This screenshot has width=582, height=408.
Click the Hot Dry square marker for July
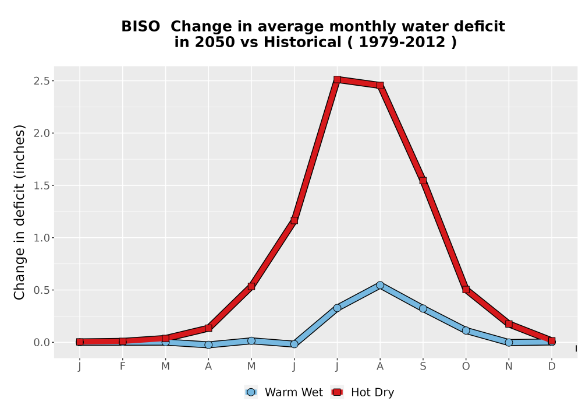pos(337,79)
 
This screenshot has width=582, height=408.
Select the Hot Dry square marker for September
pos(423,181)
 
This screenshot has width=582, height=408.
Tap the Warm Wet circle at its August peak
pos(379,285)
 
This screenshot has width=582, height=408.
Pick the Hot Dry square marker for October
pos(466,290)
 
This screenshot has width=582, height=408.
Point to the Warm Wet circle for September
pos(423,308)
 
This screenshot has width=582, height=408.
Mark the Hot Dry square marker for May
pos(251,287)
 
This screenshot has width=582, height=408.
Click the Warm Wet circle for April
pos(208,345)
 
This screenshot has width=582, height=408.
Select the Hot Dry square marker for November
pos(509,324)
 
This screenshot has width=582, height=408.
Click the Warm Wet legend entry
pos(283,392)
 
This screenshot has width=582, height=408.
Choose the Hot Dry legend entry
pos(362,392)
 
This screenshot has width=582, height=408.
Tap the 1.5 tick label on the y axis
pos(41,185)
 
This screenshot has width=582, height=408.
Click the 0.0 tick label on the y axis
pos(41,342)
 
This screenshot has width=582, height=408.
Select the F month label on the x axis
pos(122,367)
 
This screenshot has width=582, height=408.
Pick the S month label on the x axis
pos(423,367)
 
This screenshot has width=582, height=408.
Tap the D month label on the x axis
pos(552,367)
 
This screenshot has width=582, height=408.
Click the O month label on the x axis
pos(466,367)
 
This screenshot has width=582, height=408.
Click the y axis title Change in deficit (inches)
pos(19,212)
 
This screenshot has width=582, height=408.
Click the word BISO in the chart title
pos(141,27)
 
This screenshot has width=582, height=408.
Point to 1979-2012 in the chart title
pos(402,42)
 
